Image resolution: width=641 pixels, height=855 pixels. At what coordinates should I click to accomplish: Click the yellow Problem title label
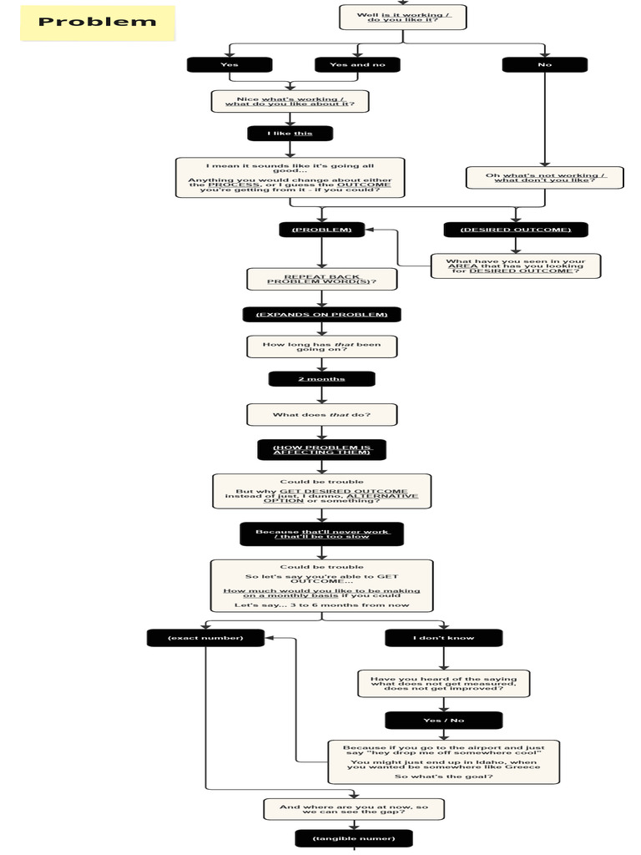[x=98, y=23]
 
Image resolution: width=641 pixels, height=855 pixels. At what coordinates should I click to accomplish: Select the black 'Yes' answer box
[x=230, y=64]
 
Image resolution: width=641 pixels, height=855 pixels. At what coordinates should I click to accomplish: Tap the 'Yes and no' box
[x=357, y=64]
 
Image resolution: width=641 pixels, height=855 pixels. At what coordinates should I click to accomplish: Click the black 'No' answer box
[x=544, y=64]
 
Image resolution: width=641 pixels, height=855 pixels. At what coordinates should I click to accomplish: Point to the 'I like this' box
[x=290, y=134]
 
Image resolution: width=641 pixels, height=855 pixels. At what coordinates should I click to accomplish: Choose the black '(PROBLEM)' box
[x=321, y=230]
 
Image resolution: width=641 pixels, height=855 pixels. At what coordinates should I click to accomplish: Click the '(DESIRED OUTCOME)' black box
[x=515, y=230]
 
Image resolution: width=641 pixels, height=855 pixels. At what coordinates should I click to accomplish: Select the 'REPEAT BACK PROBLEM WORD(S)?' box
[x=321, y=280]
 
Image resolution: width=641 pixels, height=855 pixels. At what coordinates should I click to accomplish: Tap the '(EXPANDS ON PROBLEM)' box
[x=321, y=315]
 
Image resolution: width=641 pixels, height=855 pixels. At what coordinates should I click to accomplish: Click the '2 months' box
[x=321, y=379]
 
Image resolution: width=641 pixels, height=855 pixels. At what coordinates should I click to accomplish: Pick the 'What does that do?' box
[x=321, y=415]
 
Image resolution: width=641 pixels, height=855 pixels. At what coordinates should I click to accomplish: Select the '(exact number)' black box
[x=205, y=638]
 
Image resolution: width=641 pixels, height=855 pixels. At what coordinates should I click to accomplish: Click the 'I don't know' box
[x=443, y=638]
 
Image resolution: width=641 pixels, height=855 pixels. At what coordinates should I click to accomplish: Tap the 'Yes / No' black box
[x=443, y=720]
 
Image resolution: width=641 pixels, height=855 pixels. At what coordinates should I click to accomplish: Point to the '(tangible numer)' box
[x=354, y=837]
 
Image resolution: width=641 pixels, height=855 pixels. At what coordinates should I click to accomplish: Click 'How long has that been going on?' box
[x=321, y=347]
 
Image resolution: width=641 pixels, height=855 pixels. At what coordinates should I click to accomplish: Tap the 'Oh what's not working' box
[x=544, y=177]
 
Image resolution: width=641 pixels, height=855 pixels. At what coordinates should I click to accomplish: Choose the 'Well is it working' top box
[x=402, y=17]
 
